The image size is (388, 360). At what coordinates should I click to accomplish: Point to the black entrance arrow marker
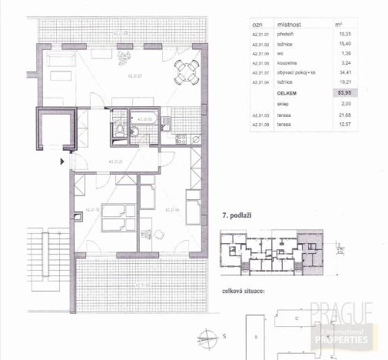click(x=63, y=161)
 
